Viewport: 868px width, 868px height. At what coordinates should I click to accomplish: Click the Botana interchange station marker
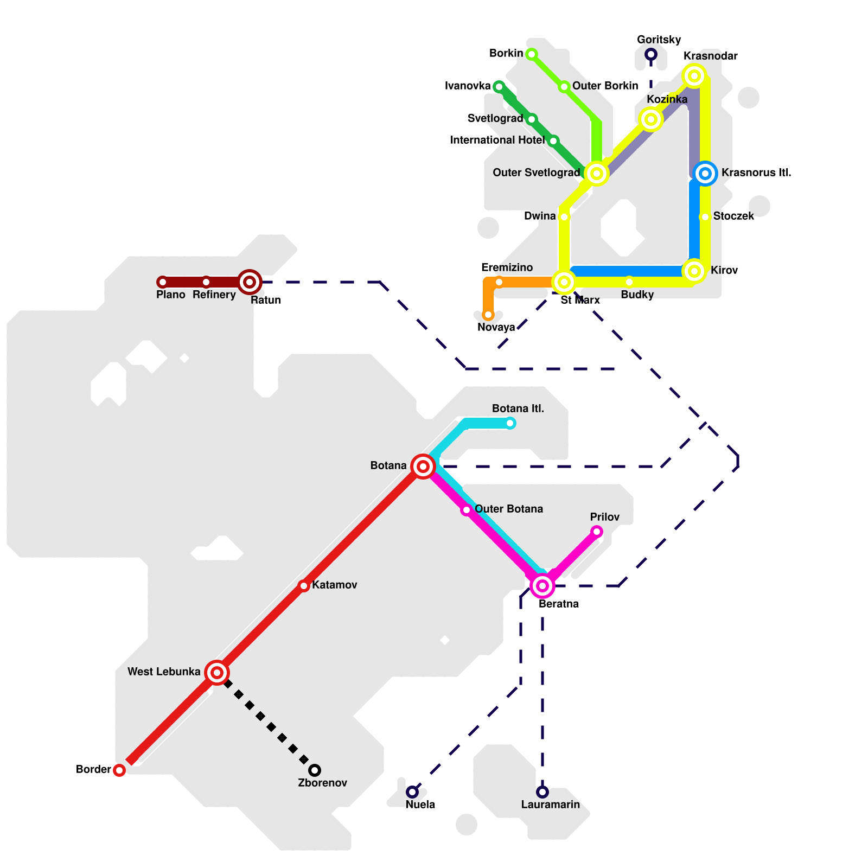pos(423,467)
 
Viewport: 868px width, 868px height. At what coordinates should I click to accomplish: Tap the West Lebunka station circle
pos(217,673)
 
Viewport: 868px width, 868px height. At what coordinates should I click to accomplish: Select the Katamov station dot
pos(304,586)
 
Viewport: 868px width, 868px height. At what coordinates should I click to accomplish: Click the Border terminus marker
pos(119,770)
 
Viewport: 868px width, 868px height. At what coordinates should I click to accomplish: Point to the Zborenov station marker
pos(315,770)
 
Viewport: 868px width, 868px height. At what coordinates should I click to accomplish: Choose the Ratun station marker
pos(250,282)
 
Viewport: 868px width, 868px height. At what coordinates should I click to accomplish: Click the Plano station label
pos(170,295)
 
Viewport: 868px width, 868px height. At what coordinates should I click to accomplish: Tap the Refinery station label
pos(214,295)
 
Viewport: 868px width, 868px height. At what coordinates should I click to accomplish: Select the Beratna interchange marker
pos(542,586)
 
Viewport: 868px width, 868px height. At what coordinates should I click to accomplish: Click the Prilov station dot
pos(597,532)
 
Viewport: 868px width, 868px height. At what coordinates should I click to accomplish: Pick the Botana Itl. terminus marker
pos(510,423)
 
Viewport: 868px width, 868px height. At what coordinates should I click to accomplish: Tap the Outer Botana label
pos(508,509)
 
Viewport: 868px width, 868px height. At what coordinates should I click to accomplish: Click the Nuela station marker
pos(412,792)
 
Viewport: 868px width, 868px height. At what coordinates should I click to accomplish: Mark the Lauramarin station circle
pos(542,792)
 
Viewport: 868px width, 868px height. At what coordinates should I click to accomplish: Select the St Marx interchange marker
pos(564,282)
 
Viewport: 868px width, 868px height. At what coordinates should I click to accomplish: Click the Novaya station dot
pos(488,315)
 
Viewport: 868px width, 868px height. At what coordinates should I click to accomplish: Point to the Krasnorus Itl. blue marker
pos(705,174)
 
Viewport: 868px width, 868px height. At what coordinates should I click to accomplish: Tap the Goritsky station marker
pos(651,54)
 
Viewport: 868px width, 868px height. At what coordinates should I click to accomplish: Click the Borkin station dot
pos(532,54)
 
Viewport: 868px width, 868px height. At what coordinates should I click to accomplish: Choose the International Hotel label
pos(497,141)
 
